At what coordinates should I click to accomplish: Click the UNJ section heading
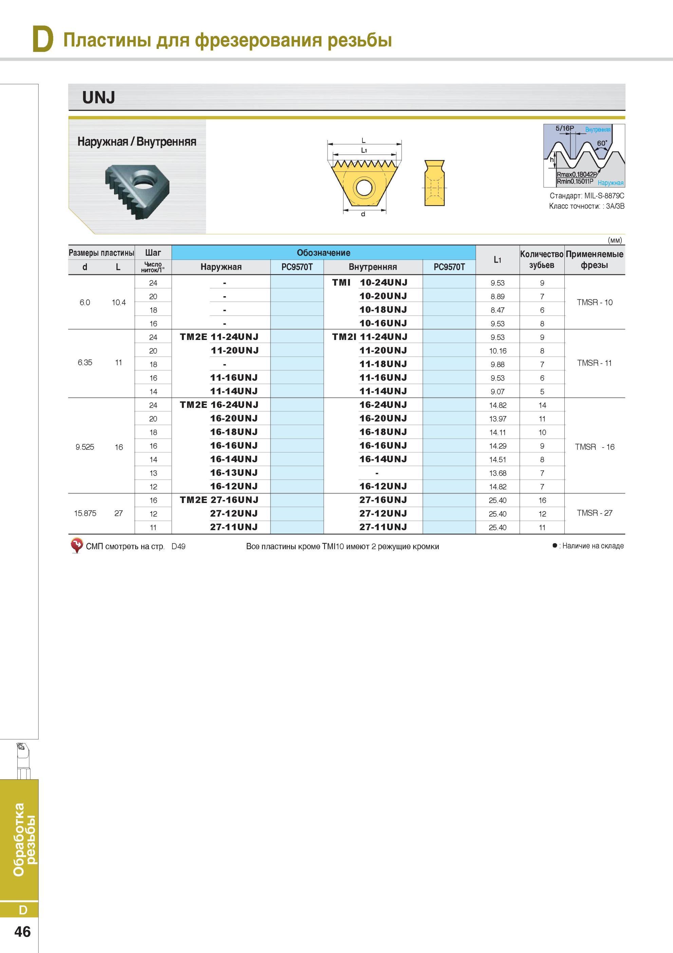click(x=99, y=97)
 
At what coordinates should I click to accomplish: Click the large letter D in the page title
click(x=43, y=39)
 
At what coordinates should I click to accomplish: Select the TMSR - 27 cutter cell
click(x=594, y=513)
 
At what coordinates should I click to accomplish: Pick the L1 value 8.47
click(x=498, y=310)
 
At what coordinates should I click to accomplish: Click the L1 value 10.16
click(x=498, y=351)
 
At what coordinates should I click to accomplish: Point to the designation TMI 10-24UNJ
click(x=370, y=283)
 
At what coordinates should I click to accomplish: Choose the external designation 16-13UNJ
click(x=234, y=473)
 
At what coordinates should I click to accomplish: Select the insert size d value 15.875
click(x=85, y=514)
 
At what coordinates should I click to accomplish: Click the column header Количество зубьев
click(x=542, y=259)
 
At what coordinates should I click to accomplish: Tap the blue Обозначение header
click(x=323, y=253)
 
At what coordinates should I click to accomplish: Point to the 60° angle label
click(x=602, y=143)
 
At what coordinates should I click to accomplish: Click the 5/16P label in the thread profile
click(x=565, y=128)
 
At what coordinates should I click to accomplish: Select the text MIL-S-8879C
click(x=604, y=196)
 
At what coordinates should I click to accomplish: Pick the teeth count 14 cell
click(x=542, y=405)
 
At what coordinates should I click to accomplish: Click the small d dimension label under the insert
click(x=363, y=214)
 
